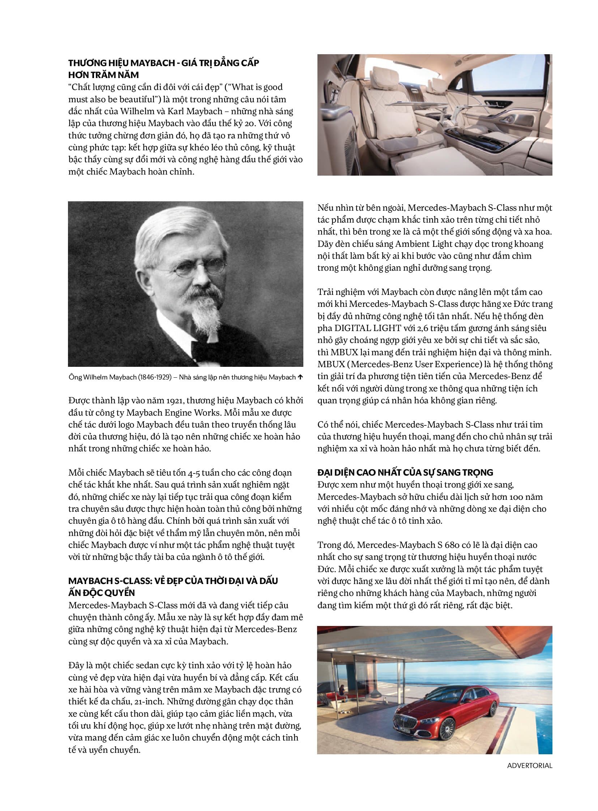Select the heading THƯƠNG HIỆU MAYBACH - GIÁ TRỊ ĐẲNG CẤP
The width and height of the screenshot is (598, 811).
tap(164, 63)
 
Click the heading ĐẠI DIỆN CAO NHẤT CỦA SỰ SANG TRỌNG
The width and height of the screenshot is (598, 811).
tap(405, 472)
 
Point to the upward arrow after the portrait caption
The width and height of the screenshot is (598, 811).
tap(300, 377)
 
